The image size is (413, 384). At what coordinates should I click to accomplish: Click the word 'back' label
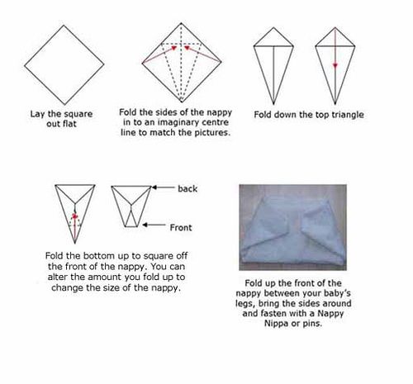click(188, 188)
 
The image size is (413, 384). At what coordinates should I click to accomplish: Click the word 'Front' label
click(181, 227)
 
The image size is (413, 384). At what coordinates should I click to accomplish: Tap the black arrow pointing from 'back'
click(164, 187)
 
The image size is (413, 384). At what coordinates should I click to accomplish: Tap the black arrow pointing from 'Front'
click(154, 225)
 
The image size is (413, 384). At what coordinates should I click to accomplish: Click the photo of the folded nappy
click(293, 227)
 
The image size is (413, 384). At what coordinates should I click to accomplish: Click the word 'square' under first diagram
click(79, 114)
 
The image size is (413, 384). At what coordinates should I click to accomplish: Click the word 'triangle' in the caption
click(348, 115)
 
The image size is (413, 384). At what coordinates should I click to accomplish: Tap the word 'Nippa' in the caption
click(276, 323)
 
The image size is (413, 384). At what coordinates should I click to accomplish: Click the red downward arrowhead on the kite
click(335, 65)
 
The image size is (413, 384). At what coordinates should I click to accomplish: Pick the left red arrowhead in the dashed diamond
click(174, 48)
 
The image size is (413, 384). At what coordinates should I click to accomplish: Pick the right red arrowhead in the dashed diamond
click(187, 48)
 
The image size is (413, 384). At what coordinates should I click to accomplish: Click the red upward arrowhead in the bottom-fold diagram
click(74, 216)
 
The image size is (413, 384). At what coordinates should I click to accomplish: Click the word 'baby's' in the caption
click(336, 293)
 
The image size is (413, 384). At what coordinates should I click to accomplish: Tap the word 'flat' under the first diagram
click(69, 124)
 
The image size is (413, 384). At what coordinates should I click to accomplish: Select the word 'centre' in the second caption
click(215, 122)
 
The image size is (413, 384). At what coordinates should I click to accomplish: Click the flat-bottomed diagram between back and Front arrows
click(131, 206)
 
